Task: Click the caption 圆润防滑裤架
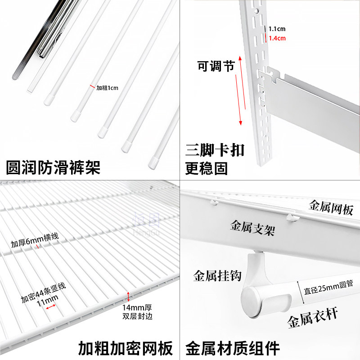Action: pos(53,167)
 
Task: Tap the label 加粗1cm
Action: pos(107,88)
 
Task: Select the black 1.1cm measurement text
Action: pos(277,29)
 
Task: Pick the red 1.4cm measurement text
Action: pos(277,38)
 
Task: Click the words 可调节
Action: pos(216,67)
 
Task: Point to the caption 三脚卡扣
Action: pos(215,149)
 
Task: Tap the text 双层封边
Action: pos(138,316)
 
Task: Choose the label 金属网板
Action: pos(331,207)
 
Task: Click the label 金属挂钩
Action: pos(216,275)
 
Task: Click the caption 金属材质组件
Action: pos(233,348)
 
